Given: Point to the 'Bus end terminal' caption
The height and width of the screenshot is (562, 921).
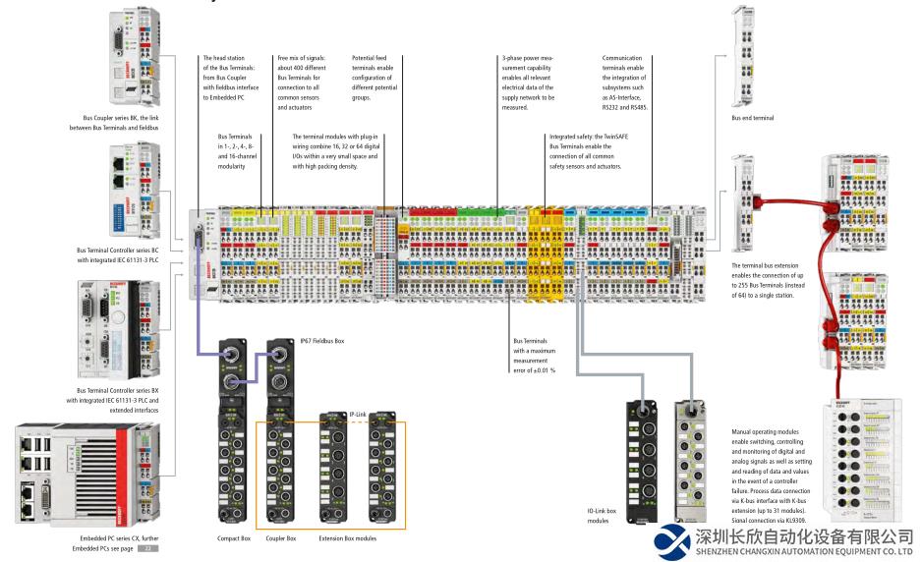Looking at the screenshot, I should [752, 118].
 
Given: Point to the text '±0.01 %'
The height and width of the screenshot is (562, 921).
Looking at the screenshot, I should [547, 369].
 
